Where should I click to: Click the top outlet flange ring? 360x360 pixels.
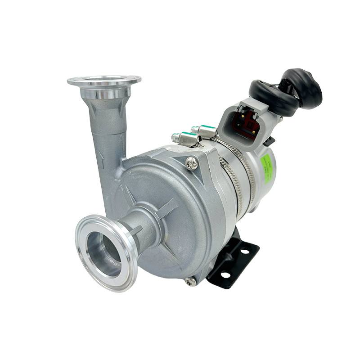104,81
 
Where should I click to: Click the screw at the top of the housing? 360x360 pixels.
192,163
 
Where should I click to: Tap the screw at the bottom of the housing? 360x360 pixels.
190,281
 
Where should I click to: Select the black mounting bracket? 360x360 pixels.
234,261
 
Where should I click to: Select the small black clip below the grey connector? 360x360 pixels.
269,141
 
